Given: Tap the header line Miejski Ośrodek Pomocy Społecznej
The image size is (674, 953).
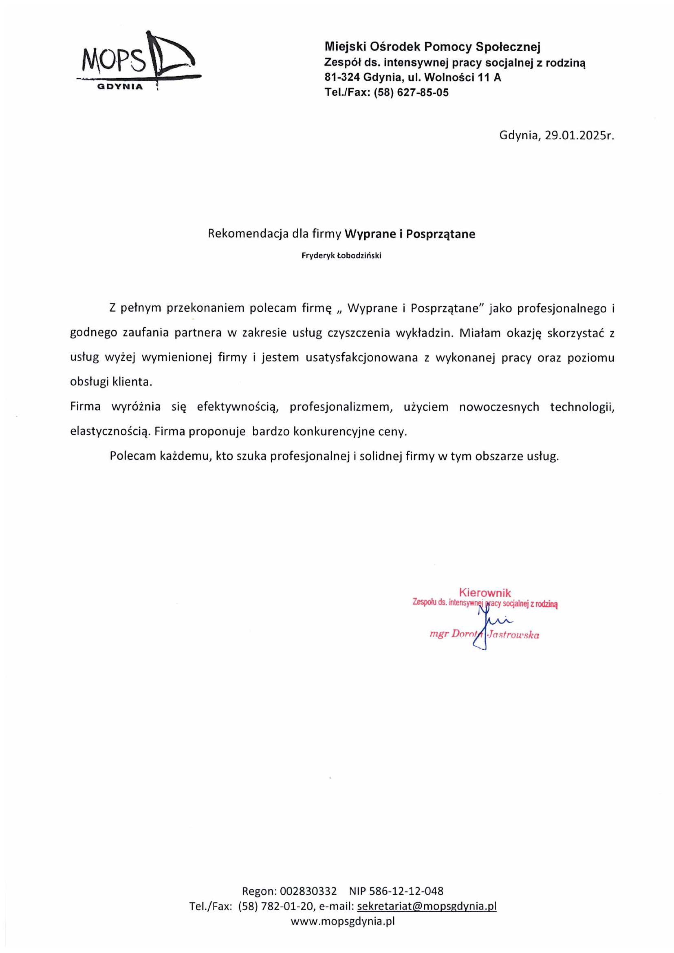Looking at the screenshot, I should tap(432, 47).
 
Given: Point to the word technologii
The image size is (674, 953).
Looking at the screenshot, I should tap(582, 407).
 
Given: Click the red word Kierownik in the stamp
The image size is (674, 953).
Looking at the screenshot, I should tap(485, 593).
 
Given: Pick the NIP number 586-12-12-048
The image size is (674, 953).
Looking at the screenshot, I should tap(408, 891).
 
